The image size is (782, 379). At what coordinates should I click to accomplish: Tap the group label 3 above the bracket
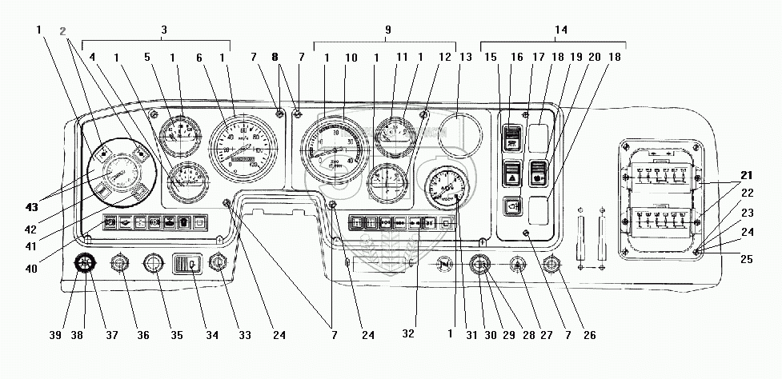coord(164,30)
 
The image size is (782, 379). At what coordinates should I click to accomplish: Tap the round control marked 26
coord(551,265)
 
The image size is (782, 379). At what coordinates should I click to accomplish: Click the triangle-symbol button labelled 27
coord(516,265)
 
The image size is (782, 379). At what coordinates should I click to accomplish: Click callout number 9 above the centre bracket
coord(388,30)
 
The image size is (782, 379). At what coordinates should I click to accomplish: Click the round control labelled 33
coord(217,264)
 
